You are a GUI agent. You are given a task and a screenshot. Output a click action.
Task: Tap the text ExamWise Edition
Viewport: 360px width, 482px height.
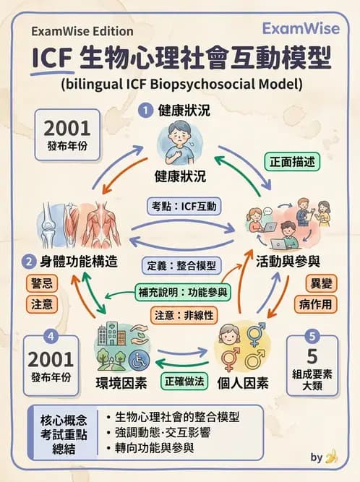(x=82, y=31)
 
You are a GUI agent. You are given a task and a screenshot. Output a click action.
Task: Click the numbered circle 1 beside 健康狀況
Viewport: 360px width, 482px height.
(x=145, y=111)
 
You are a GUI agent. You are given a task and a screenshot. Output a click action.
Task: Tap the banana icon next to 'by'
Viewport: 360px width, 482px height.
(x=333, y=456)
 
